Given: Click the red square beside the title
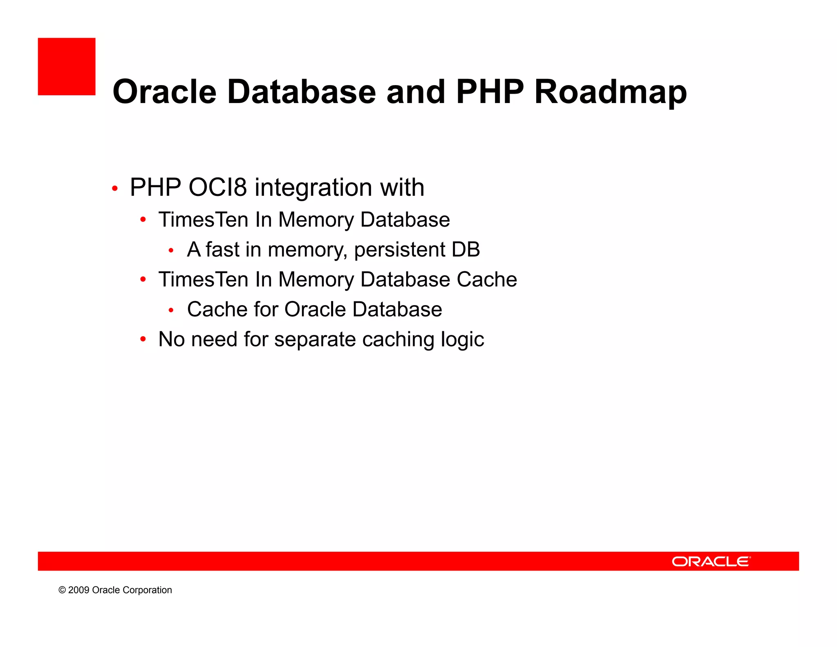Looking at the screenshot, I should click(67, 67).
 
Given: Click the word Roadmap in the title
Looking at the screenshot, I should click(610, 92).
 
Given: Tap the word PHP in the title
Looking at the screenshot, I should click(490, 92).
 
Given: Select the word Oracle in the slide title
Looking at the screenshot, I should click(164, 92).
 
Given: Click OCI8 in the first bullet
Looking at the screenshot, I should click(217, 188).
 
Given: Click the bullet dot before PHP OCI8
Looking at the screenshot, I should click(115, 189).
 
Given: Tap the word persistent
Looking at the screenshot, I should click(399, 250).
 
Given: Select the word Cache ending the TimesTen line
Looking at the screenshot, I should click(486, 280).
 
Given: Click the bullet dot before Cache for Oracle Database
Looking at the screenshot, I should click(171, 310).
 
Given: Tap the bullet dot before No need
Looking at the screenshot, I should click(143, 339).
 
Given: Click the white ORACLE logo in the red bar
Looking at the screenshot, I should click(711, 562).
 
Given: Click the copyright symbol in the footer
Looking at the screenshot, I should click(62, 590).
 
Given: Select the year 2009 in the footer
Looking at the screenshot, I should click(78, 590).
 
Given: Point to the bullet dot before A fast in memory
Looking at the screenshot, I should click(171, 250).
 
